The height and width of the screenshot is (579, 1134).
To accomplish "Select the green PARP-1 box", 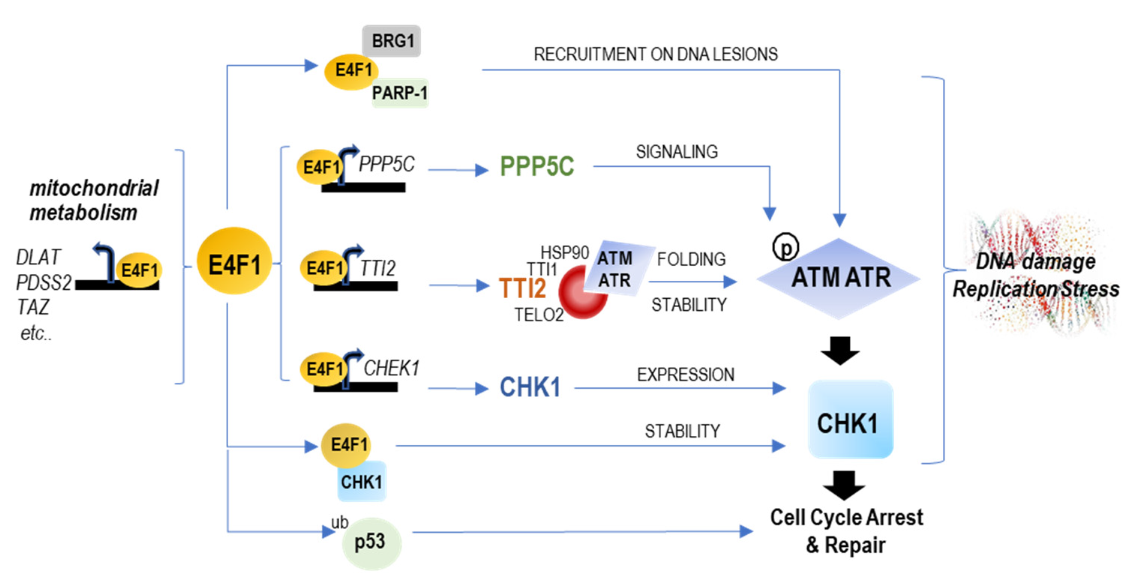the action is tap(400, 93).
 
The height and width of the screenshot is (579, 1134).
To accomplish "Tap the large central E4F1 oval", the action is tap(234, 261).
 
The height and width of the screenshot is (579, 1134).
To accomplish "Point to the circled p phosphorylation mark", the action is tap(786, 247).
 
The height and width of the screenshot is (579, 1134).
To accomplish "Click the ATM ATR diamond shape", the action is tap(838, 278).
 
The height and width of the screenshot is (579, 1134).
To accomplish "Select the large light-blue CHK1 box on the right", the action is tap(850, 420).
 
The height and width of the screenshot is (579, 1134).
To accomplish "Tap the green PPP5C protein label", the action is tap(537, 166).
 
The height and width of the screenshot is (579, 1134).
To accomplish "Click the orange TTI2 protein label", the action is tap(522, 288).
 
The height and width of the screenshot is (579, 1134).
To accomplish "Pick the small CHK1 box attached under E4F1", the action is tap(362, 482).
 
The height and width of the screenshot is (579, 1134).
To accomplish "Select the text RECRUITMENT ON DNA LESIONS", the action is tap(655, 54).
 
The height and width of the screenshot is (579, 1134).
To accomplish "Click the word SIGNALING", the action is tap(676, 152).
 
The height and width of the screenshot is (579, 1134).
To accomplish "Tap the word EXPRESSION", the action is tap(686, 375).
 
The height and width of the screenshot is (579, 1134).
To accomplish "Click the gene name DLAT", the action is tap(38, 257).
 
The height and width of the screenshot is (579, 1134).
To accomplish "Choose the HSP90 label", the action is tap(565, 253).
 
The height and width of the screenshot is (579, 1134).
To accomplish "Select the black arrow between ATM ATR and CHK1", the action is tap(840, 350).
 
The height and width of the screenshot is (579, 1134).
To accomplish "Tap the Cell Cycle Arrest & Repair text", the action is tap(846, 531).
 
